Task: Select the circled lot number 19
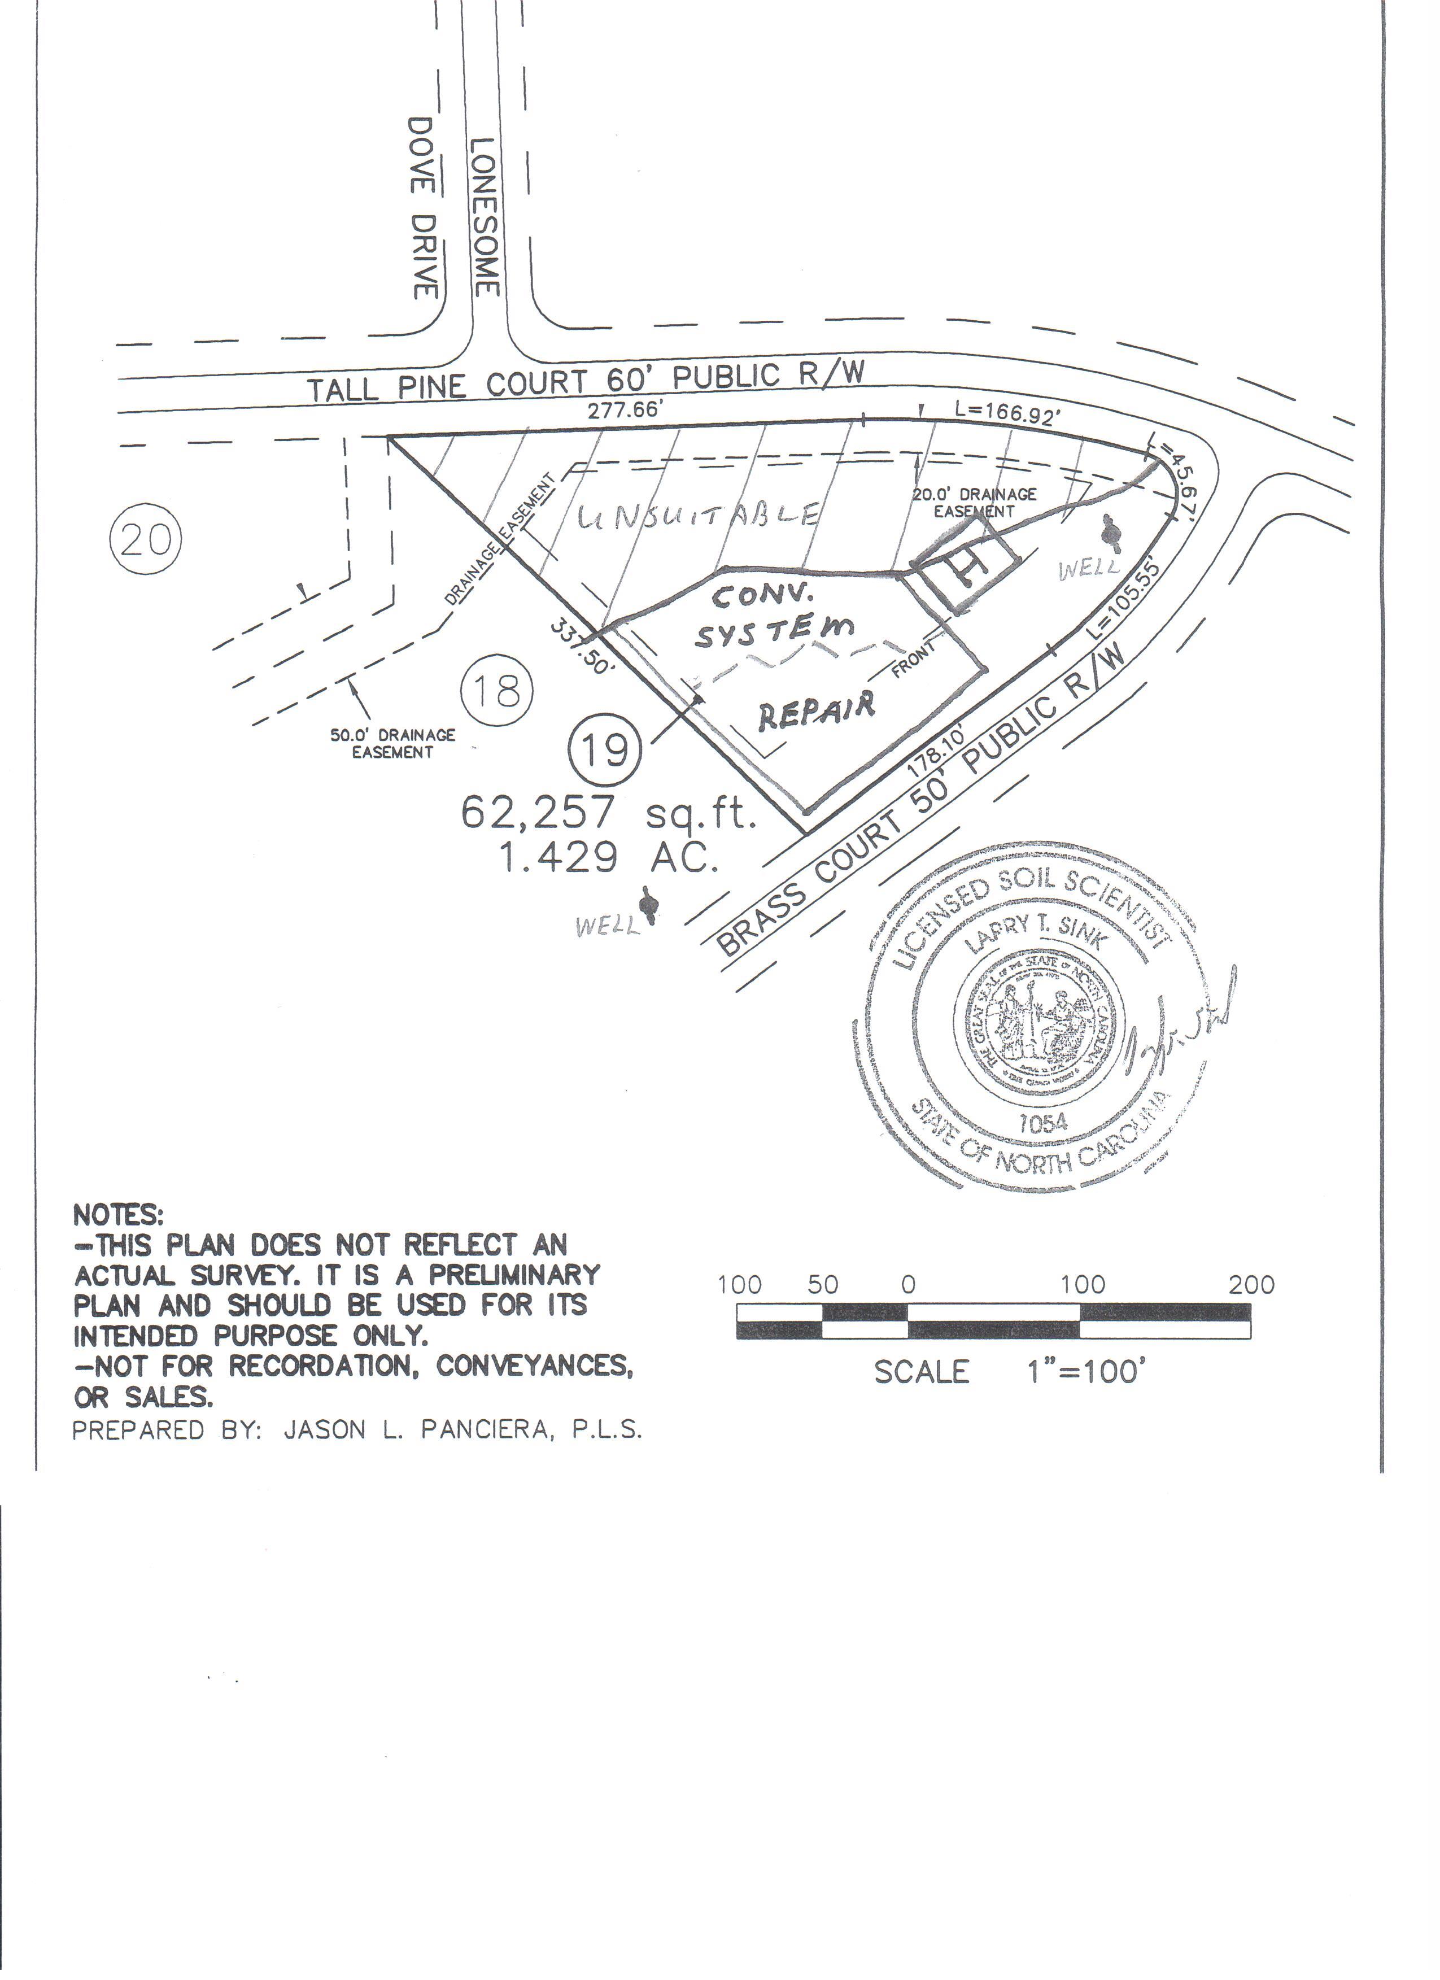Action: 605,748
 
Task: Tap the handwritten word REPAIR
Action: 816,712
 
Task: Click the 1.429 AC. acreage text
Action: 608,858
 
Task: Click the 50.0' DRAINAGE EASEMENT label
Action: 392,743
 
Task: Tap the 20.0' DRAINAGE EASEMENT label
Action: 975,502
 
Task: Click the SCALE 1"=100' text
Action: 1008,1372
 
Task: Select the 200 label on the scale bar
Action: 1251,1284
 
